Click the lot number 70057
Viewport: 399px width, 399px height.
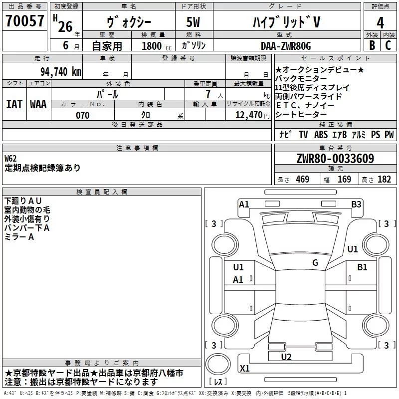pos(25,22)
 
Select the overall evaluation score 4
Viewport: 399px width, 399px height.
pos(380,23)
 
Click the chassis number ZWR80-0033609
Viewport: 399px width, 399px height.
pos(335,159)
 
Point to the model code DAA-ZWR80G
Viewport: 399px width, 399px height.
pos(286,46)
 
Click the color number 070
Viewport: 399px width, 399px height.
pos(82,115)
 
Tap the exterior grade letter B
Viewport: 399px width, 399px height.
pos(371,45)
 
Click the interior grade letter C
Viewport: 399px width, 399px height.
pos(388,45)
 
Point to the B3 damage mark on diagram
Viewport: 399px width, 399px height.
pos(356,204)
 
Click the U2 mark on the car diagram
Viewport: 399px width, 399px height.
pos(286,357)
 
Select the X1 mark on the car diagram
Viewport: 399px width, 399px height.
pos(245,369)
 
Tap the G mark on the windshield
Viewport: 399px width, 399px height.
pos(315,263)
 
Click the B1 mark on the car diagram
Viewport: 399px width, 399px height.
pos(362,267)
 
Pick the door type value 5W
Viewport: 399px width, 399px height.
pos(195,23)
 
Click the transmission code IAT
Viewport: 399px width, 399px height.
pos(14,104)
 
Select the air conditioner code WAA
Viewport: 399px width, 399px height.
pos(38,104)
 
